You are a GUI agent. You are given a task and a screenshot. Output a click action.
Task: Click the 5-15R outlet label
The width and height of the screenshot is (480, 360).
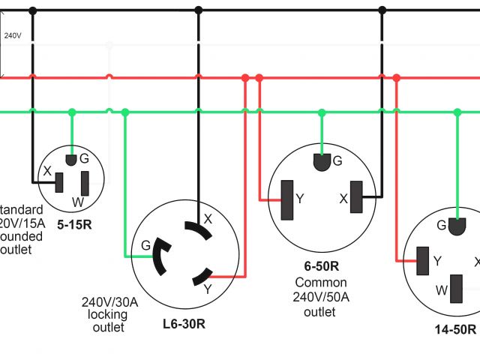pos(73,223)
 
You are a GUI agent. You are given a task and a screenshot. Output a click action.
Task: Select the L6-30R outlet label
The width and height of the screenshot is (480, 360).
pos(184,324)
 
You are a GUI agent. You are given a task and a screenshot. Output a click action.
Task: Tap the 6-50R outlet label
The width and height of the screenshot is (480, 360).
pos(320,265)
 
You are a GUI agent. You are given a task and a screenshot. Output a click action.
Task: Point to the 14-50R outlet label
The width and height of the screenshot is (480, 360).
pos(454,329)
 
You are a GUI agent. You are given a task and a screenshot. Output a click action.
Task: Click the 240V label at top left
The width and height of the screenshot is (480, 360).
pos(12,35)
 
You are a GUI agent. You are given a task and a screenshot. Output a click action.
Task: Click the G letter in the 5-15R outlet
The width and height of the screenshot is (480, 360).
pos(84,158)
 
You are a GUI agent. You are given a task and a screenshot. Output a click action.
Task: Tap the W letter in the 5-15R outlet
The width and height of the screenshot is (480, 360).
pos(78,202)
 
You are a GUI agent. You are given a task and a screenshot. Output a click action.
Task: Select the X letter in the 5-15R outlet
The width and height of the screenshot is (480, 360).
pos(47,171)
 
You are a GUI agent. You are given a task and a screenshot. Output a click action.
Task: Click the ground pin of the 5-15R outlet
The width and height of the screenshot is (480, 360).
pos(72,160)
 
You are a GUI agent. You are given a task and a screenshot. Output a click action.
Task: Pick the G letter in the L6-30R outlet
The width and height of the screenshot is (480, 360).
pos(145,245)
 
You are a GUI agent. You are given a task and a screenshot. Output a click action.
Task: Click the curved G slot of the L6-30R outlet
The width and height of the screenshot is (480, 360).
pos(160,257)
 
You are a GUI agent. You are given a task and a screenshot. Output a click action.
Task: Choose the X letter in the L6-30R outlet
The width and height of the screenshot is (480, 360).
pos(208,219)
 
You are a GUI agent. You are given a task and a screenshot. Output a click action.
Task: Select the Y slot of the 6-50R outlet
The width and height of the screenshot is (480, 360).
pos(286,200)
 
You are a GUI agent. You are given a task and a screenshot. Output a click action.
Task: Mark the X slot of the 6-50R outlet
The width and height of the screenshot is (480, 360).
pos(355,200)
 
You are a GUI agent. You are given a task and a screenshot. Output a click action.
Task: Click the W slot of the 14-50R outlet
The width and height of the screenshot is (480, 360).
pos(455,289)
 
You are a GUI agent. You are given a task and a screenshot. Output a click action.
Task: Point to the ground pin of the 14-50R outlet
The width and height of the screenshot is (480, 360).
pos(455,224)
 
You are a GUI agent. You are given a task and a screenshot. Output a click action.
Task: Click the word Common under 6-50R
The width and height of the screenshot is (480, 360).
pos(320,283)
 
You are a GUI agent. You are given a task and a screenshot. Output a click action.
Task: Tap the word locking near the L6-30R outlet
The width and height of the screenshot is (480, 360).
pos(108,315)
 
